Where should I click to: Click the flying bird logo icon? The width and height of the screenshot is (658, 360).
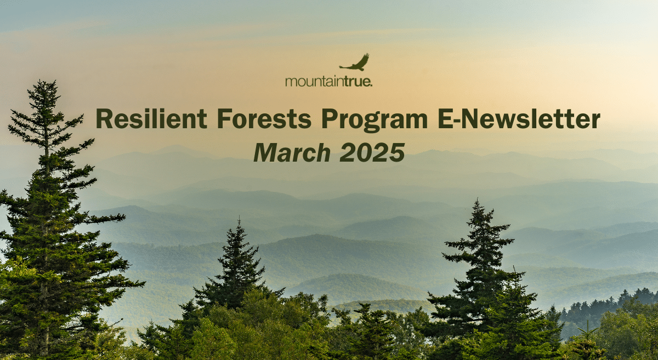(355, 63)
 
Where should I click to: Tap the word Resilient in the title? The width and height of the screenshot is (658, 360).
(151, 118)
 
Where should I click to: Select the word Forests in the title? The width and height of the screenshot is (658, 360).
(264, 118)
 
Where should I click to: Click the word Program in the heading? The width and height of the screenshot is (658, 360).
(375, 121)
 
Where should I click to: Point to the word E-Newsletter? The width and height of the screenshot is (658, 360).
(519, 118)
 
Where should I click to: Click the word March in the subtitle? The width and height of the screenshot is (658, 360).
(292, 152)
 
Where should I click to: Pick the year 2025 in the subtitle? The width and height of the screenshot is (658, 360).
(372, 152)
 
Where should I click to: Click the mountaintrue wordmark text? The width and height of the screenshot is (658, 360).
(328, 81)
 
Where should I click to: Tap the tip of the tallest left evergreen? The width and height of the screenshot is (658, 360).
(47, 81)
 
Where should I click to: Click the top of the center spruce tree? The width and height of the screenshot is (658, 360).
(239, 219)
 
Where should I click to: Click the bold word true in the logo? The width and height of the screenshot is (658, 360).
(356, 81)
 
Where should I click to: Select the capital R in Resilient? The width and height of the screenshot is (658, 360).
(104, 118)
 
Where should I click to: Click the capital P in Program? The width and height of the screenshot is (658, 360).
(329, 118)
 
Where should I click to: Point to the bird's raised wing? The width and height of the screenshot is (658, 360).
(363, 60)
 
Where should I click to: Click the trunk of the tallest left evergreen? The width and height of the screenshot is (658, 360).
(46, 235)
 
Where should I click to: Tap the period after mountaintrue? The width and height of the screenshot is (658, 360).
(371, 85)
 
